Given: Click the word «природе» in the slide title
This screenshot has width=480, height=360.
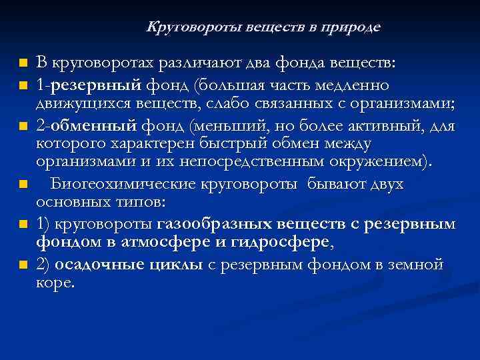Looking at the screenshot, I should point(351,28).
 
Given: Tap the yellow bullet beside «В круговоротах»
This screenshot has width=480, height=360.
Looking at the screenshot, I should point(23,63).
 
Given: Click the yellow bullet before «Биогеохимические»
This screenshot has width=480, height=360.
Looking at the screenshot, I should point(23,183).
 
